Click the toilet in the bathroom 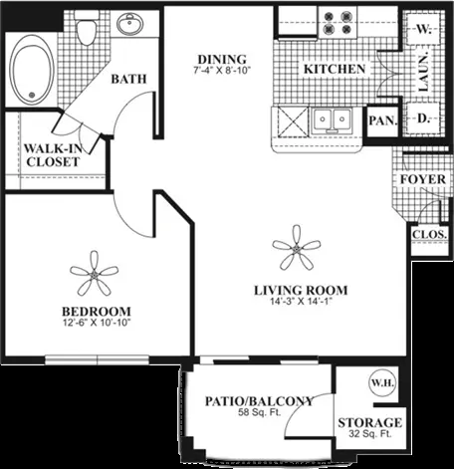(x=87, y=28)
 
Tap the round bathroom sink (x=129, y=23)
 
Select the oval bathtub (x=32, y=70)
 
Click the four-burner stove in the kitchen (x=338, y=23)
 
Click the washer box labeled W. (x=423, y=29)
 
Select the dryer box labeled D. (x=423, y=118)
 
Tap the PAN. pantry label (x=383, y=120)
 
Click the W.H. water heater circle (x=382, y=383)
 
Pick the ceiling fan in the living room (x=297, y=247)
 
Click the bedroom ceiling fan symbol (x=95, y=274)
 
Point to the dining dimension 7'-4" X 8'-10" (x=222, y=71)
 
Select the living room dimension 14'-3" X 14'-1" (x=301, y=302)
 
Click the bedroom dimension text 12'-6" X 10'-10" (x=97, y=323)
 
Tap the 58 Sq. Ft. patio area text (x=259, y=412)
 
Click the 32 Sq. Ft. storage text (x=370, y=433)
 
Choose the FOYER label (x=423, y=179)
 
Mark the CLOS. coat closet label (x=429, y=234)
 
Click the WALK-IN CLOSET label (x=53, y=155)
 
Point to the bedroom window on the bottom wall (x=97, y=359)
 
